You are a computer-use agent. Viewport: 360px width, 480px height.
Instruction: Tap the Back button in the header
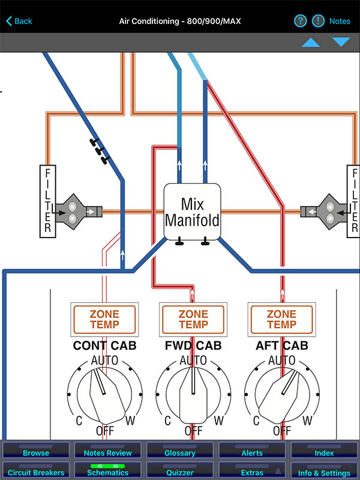pos(19,21)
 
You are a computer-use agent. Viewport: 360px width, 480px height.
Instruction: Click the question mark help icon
pos(300,21)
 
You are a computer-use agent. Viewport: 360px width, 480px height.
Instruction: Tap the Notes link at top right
pos(340,21)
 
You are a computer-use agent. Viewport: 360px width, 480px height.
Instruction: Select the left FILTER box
pos(47,200)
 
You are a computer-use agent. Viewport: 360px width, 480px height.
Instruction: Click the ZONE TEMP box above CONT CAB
pos(104,319)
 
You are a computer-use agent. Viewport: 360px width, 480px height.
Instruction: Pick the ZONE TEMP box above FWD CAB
pos(193,319)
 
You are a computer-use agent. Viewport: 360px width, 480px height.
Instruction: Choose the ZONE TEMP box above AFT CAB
pos(281,319)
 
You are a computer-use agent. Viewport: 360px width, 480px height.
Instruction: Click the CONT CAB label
pos(104,346)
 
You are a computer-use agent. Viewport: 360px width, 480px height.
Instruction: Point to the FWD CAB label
pos(193,346)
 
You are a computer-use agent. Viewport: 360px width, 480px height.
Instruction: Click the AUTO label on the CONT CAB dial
pos(104,361)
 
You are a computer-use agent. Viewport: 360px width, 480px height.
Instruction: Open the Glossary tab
pos(180,452)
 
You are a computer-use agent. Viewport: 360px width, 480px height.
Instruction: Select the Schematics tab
pos(108,472)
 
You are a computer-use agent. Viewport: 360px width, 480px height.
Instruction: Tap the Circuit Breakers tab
pos(36,472)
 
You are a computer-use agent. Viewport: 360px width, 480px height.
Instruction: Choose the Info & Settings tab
pos(324,472)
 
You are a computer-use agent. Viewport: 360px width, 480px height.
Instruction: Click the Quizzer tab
pos(180,472)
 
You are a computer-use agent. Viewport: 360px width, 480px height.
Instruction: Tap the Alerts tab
pos(252,452)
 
